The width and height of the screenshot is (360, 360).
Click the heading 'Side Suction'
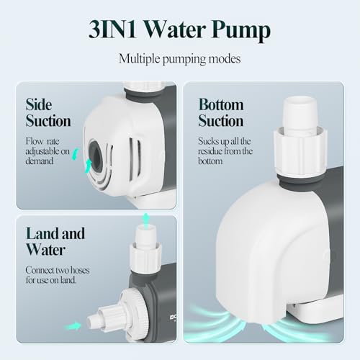48,112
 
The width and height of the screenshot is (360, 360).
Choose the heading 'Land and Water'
55,242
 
